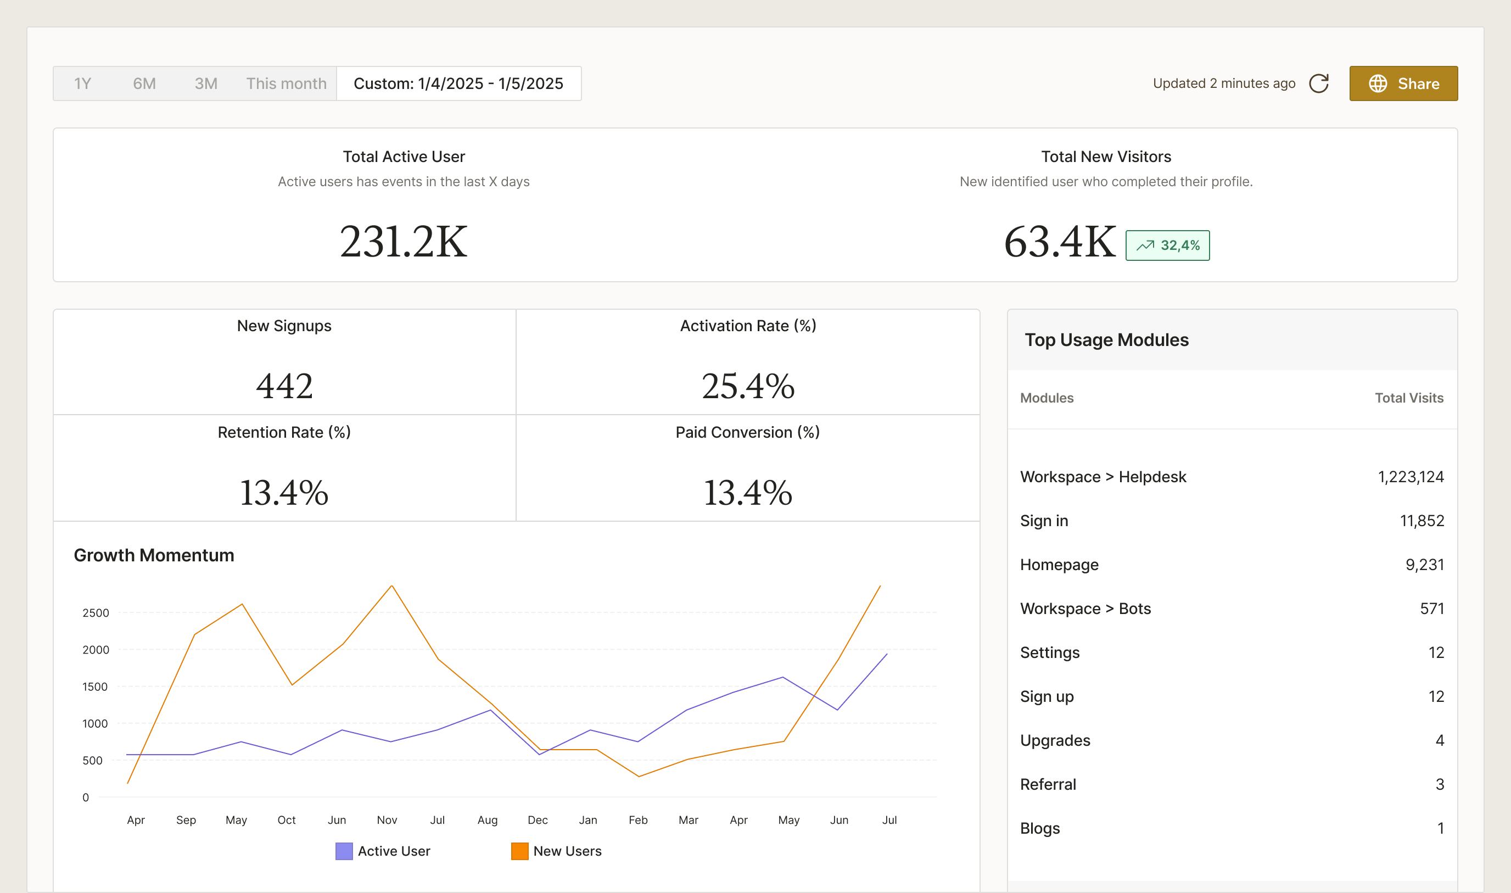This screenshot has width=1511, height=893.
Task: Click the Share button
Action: coord(1403,83)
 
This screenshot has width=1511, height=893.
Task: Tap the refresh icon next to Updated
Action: coord(1318,83)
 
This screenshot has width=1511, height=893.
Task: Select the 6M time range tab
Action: coord(144,83)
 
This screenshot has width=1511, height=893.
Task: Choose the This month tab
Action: coord(286,83)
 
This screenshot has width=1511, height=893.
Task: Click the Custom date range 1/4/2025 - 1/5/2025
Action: coord(458,83)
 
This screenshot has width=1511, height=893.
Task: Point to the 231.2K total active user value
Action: coord(404,242)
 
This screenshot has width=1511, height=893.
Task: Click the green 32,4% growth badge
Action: coord(1167,245)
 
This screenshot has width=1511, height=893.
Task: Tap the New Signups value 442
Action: coord(284,386)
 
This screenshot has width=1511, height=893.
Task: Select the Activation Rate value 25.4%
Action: coord(748,386)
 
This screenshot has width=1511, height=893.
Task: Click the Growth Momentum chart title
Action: coord(154,555)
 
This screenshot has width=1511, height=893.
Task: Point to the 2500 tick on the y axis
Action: coord(96,612)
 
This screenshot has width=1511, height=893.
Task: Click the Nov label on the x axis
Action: coord(387,819)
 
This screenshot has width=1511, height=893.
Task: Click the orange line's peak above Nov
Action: coord(392,586)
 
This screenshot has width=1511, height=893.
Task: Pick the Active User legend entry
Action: coord(383,851)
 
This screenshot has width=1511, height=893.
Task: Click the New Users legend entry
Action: coord(556,851)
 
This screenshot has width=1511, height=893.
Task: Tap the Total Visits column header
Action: coord(1409,398)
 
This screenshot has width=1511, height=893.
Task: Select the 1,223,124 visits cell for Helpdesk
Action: coord(1411,477)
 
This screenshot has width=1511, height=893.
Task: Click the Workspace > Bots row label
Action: coord(1085,609)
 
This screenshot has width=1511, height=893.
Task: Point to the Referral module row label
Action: coord(1048,784)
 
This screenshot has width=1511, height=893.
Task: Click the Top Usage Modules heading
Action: coord(1106,340)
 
